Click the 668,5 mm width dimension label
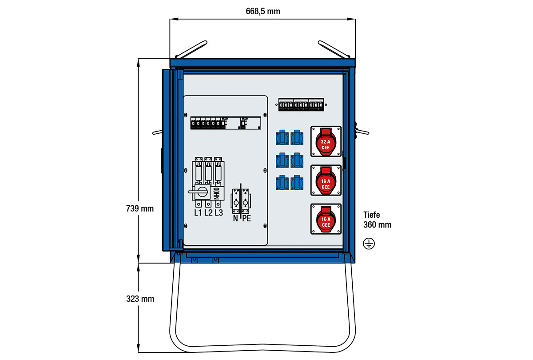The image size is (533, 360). (263, 11)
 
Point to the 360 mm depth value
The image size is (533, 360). (377, 225)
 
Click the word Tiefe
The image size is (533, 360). (372, 215)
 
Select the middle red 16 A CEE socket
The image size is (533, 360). (326, 180)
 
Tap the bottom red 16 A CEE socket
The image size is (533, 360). (326, 219)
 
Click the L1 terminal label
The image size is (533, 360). (199, 213)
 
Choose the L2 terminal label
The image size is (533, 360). (208, 213)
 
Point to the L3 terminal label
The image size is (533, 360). (219, 213)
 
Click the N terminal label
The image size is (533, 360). (235, 219)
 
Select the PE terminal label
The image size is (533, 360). (246, 219)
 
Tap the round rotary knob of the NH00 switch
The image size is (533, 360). (202, 192)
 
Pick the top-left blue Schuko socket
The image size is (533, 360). (282, 138)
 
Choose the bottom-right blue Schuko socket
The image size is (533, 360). (296, 183)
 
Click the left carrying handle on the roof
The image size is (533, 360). (191, 49)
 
